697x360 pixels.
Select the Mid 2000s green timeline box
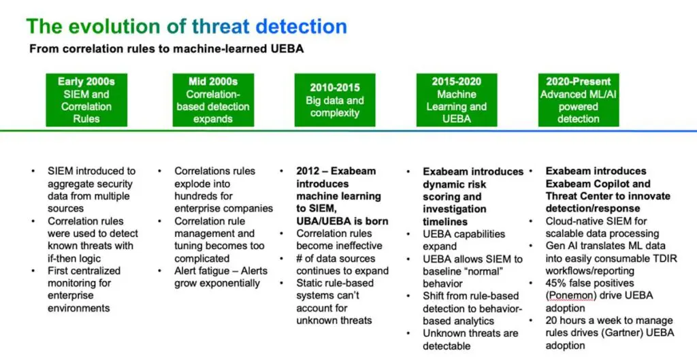[x=213, y=100]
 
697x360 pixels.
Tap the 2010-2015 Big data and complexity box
[x=335, y=100]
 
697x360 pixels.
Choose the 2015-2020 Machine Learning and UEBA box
[x=457, y=100]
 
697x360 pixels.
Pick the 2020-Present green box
[x=579, y=100]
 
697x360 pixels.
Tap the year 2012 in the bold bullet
[x=308, y=171]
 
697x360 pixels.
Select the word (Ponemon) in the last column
[x=570, y=295]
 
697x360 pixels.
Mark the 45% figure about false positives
[x=557, y=283]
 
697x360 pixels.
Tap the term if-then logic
[x=74, y=259]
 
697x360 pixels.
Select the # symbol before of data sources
[x=299, y=259]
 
